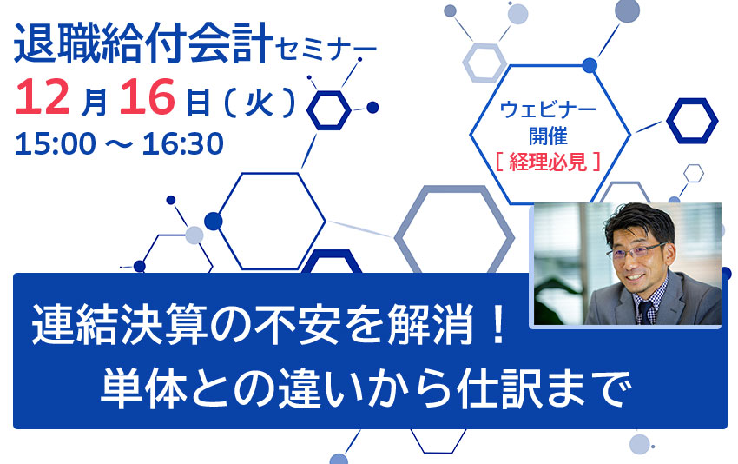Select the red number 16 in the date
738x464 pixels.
pyautogui.click(x=148, y=98)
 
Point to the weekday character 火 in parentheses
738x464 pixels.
pyautogui.click(x=260, y=102)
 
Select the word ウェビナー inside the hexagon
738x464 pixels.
pyautogui.click(x=547, y=112)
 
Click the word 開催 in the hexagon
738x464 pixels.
pyautogui.click(x=547, y=136)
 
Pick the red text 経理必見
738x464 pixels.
pyautogui.click(x=547, y=161)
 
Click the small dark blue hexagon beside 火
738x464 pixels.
pyautogui.click(x=329, y=109)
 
